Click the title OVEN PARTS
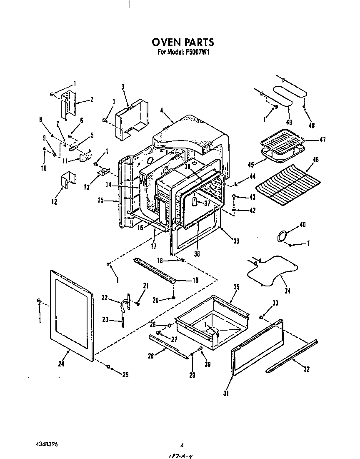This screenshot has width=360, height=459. click(x=182, y=42)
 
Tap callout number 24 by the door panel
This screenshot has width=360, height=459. click(x=62, y=363)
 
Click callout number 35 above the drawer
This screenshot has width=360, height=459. click(x=236, y=287)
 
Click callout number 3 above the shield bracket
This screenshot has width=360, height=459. click(x=123, y=87)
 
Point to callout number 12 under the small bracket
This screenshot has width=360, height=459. click(x=54, y=202)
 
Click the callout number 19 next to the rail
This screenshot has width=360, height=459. click(x=195, y=280)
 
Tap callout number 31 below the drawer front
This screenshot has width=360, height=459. click(x=226, y=393)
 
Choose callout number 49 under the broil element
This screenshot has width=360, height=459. click(x=289, y=122)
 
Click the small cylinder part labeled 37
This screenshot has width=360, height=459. click(x=194, y=202)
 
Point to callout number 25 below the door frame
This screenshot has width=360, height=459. click(x=125, y=375)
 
